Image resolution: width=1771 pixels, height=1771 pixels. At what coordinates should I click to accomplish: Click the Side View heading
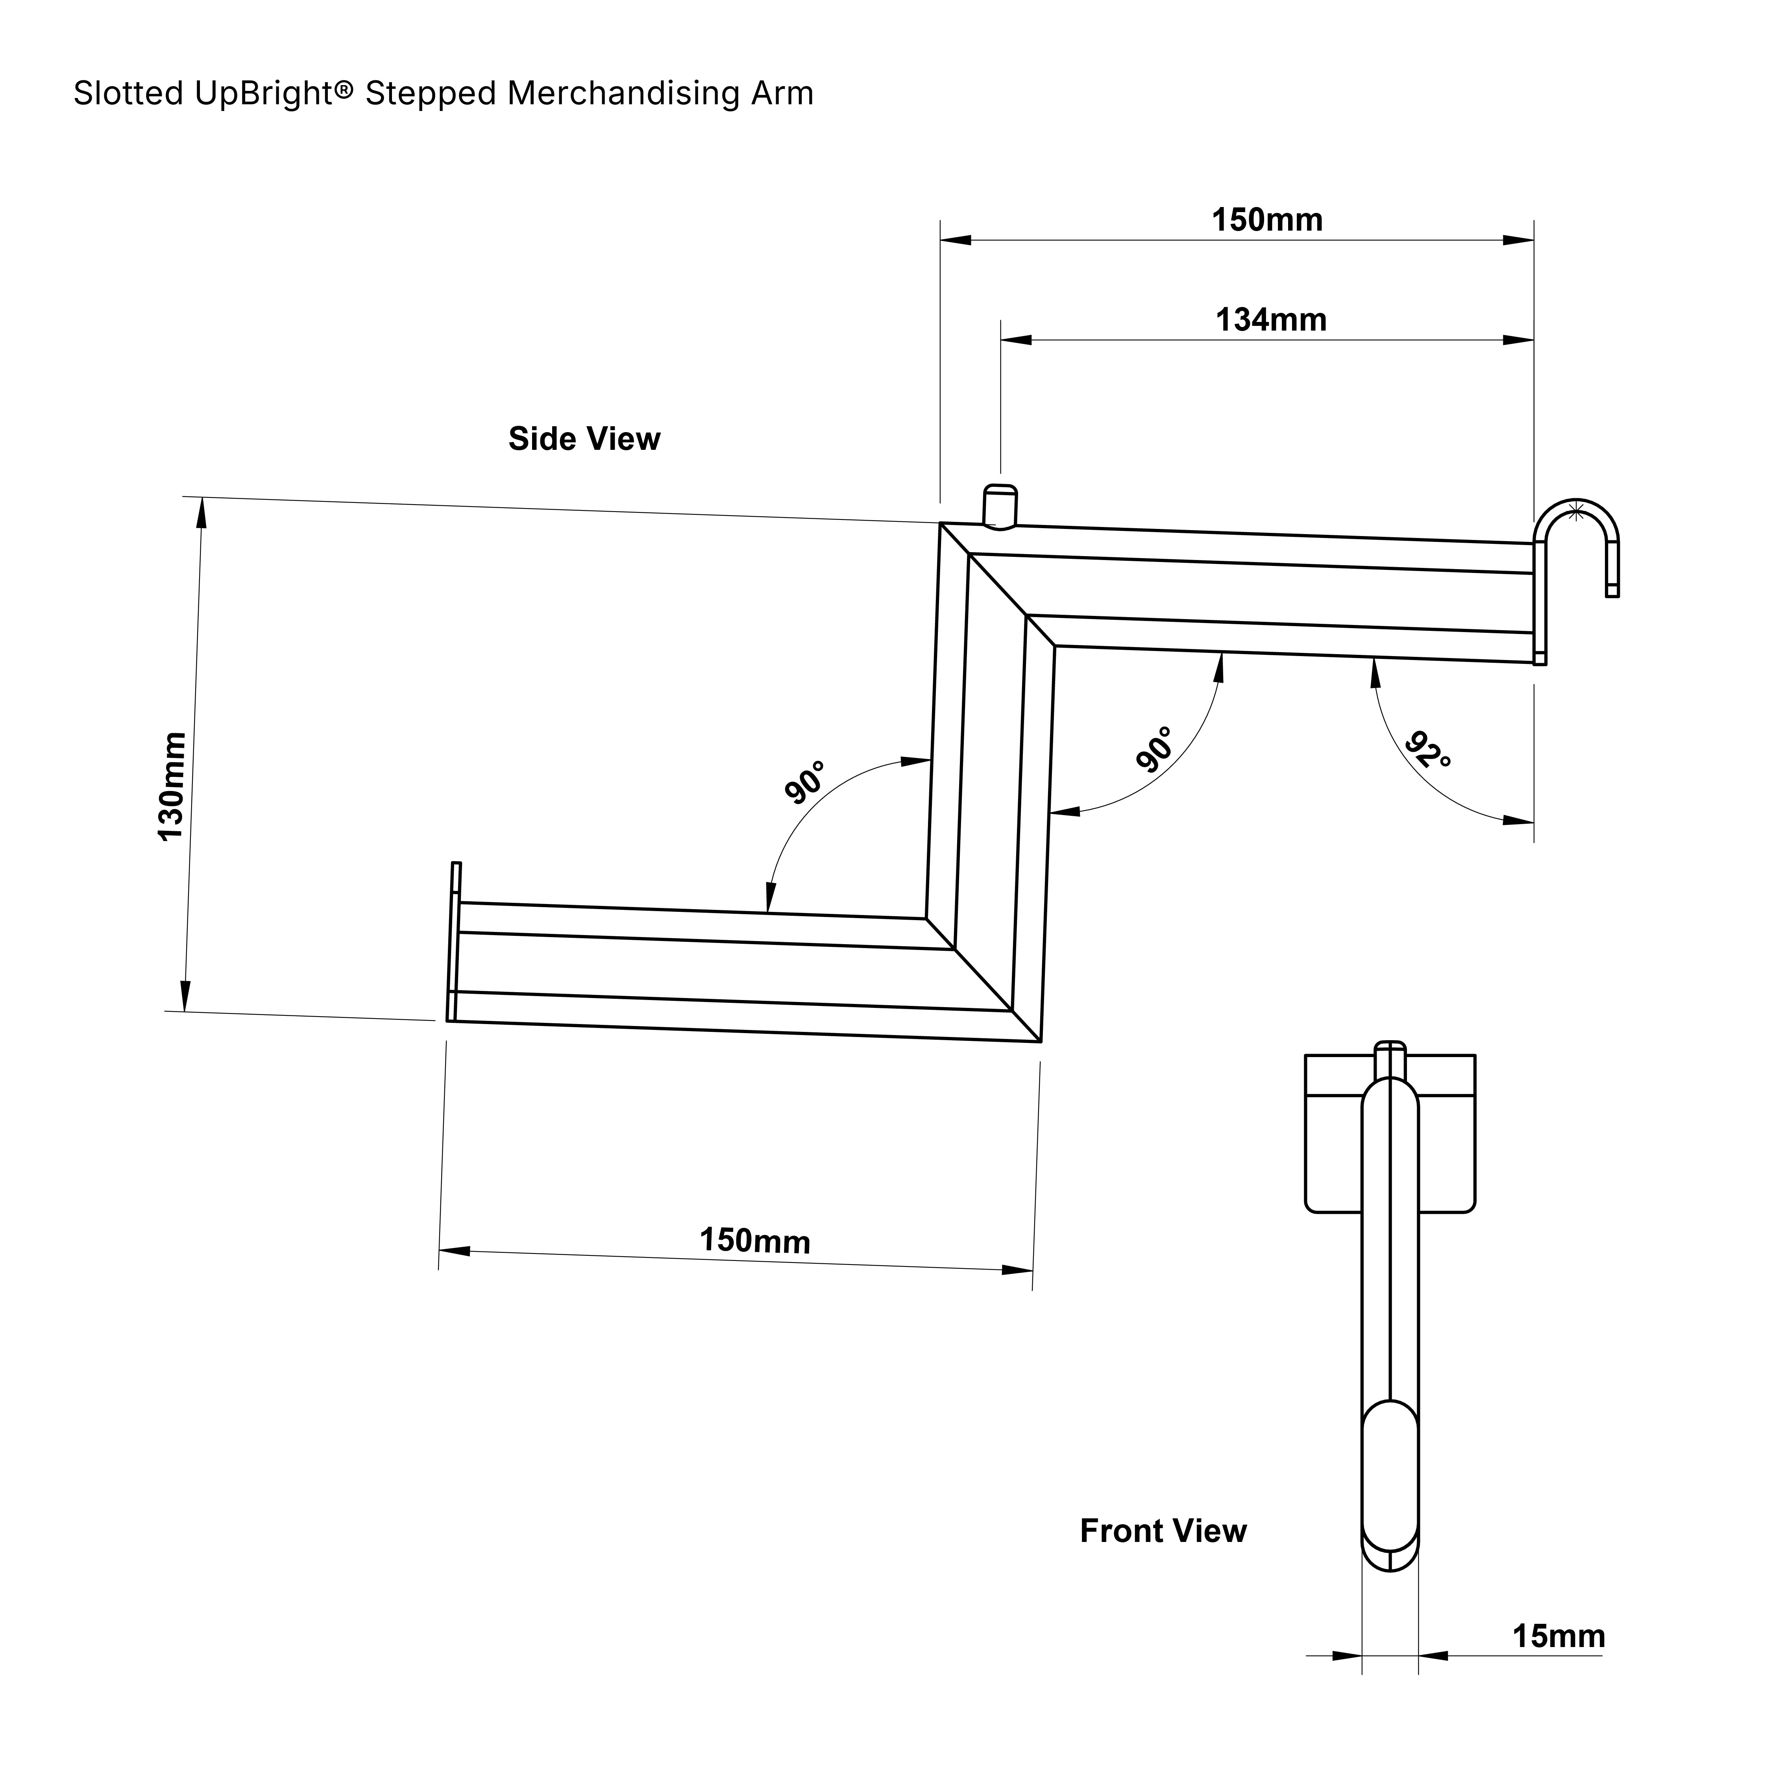(584, 439)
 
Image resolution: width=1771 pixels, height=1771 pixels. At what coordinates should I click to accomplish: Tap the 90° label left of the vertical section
(805, 782)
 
